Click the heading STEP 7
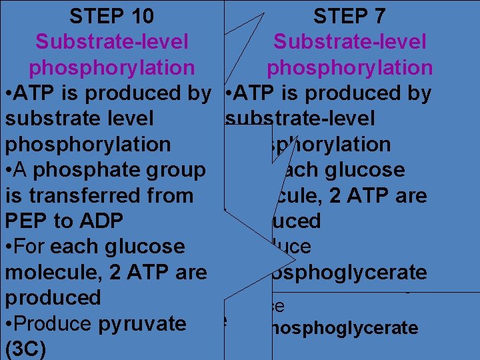click(349, 16)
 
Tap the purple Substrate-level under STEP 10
click(111, 42)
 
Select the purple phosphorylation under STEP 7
click(349, 67)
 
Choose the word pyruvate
click(142, 324)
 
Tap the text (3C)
click(25, 349)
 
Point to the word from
click(169, 195)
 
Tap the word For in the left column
click(31, 247)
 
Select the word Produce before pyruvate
click(51, 324)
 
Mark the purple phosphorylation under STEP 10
click(111, 67)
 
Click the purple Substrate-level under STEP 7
click(349, 42)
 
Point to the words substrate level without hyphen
click(79, 119)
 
